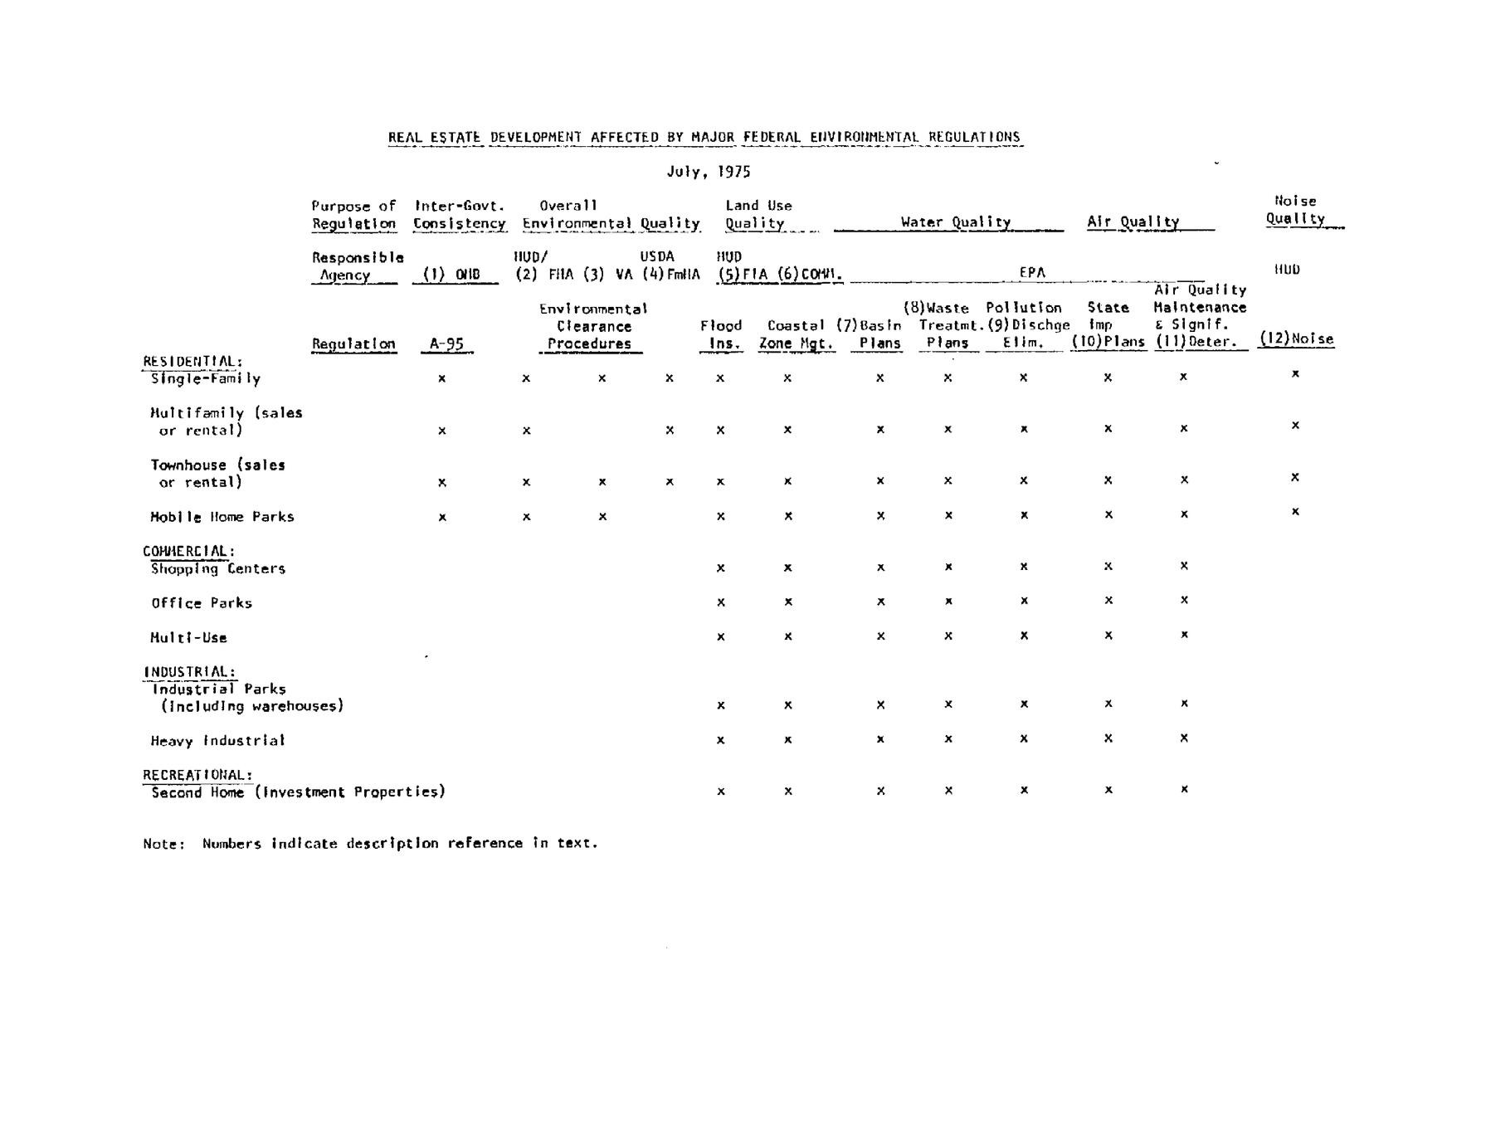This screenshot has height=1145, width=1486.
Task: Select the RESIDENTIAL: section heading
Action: [x=192, y=362]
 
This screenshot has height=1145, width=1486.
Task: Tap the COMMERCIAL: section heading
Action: [x=188, y=551]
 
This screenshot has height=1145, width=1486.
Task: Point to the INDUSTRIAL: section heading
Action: [x=189, y=672]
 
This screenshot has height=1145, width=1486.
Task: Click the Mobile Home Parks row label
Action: [x=222, y=517]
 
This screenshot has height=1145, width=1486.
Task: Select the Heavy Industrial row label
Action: [x=217, y=741]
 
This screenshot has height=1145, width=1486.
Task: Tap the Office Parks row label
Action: [x=201, y=603]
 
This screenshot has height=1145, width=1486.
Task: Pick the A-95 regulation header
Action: [x=446, y=343]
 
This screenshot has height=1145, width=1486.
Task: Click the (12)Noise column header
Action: [x=1296, y=339]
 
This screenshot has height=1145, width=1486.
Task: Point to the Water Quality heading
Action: [x=955, y=222]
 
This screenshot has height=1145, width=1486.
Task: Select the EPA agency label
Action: [x=1032, y=272]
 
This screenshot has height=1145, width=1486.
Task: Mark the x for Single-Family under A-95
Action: [x=442, y=378]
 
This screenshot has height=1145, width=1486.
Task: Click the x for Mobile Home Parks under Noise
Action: [x=1295, y=512]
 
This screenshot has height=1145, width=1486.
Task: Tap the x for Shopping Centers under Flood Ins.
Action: [x=720, y=568]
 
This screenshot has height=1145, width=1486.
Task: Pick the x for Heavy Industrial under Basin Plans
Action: [x=880, y=739]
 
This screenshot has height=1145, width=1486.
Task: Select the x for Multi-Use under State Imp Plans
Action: [x=1108, y=636]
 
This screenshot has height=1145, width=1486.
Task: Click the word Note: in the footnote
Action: [x=163, y=844]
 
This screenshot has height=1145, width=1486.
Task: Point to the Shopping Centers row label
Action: [x=217, y=569]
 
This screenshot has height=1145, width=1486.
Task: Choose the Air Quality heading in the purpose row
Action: [x=1133, y=222]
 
